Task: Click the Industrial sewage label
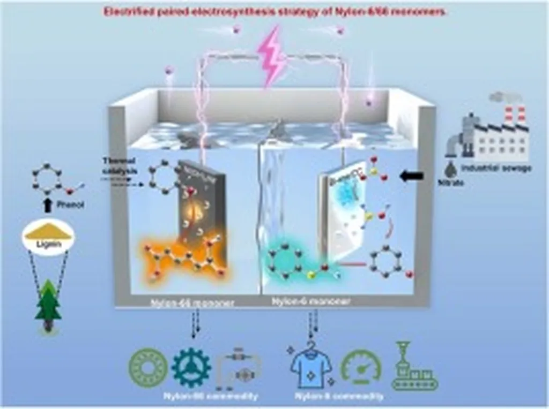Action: tap(496, 168)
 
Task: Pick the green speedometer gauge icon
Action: tap(361, 367)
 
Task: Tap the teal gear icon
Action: tap(191, 367)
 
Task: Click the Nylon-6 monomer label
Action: tap(311, 301)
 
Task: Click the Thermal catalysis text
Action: tap(118, 164)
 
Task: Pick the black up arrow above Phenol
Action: tap(47, 202)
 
